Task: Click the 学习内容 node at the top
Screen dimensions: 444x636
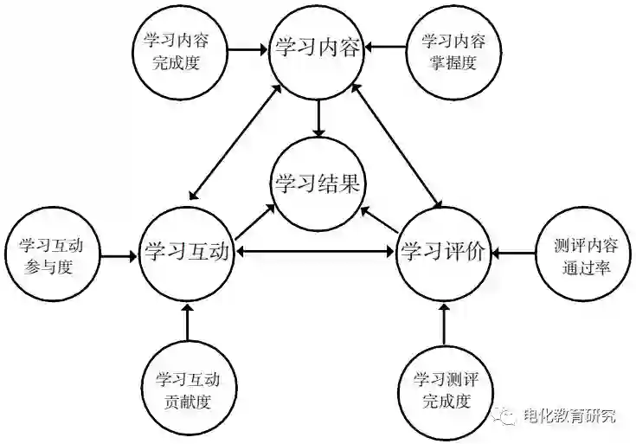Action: pos(318,48)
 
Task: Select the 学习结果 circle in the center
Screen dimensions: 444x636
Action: pos(318,183)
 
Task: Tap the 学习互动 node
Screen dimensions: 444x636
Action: pos(187,253)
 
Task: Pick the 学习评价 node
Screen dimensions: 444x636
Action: pos(445,253)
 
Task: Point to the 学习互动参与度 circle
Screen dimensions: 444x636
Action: pos(50,254)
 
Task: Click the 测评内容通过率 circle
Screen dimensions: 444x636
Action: pos(582,254)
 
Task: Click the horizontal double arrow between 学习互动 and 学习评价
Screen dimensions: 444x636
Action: pos(316,252)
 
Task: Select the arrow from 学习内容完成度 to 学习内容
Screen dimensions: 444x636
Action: pos(246,48)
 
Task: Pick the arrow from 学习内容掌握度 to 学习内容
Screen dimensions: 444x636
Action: pos(386,48)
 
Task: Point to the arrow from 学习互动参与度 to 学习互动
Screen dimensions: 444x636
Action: pos(119,255)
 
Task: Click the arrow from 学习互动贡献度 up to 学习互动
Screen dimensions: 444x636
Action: pos(187,324)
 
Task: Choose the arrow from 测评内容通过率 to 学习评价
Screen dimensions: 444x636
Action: pos(513,254)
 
